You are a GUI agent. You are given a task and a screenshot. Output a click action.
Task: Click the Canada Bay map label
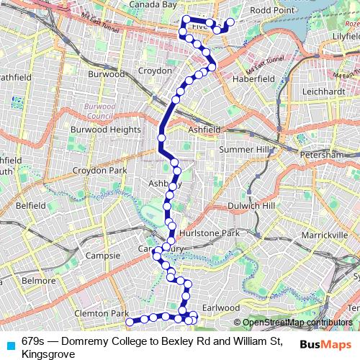point(153,4)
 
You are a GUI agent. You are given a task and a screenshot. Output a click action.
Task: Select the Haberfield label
point(257,78)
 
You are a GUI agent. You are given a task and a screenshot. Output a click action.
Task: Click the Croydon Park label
point(103,171)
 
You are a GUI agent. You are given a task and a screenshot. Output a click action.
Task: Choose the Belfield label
point(30,205)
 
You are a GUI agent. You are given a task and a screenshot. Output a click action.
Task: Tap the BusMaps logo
point(326,343)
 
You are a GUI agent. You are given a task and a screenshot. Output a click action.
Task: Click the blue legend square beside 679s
point(10,343)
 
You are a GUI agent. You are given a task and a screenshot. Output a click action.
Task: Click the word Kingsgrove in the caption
point(48,354)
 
